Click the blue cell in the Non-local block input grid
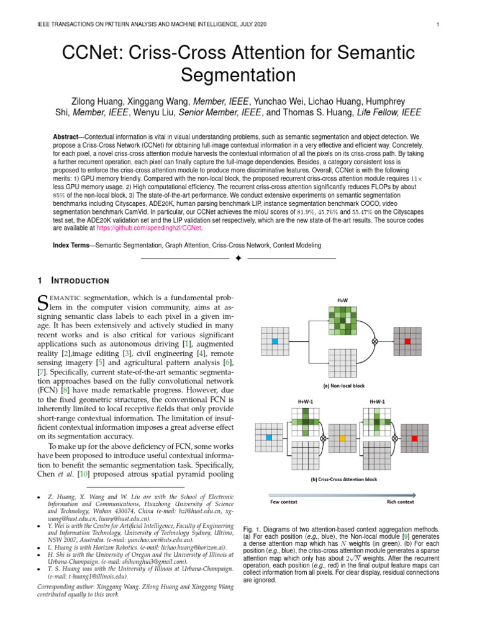[x=275, y=341]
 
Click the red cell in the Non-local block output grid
[x=407, y=341]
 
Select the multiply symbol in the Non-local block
[x=374, y=341]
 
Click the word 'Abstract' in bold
[x=68, y=136]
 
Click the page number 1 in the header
[x=438, y=25]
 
